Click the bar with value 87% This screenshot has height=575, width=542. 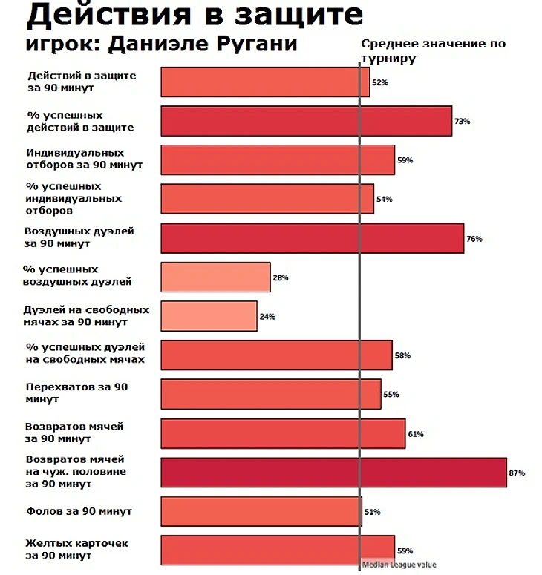(333, 473)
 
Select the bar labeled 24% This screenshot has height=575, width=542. (209, 316)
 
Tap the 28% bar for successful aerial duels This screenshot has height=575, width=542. (215, 277)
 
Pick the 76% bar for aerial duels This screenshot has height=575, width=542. (312, 238)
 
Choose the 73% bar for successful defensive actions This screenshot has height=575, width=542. (306, 121)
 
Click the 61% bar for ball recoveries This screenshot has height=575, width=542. (283, 433)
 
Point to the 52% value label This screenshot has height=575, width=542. (379, 82)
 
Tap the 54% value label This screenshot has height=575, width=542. (384, 200)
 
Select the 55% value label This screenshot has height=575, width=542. (391, 395)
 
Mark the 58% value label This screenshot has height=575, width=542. (402, 356)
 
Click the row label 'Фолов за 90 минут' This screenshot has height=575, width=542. (78, 512)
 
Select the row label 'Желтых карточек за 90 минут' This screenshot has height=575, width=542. (76, 549)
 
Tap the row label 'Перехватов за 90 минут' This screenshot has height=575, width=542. (76, 393)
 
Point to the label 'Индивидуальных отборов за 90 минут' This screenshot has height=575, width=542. (83, 159)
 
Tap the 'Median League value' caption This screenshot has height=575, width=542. (399, 565)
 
